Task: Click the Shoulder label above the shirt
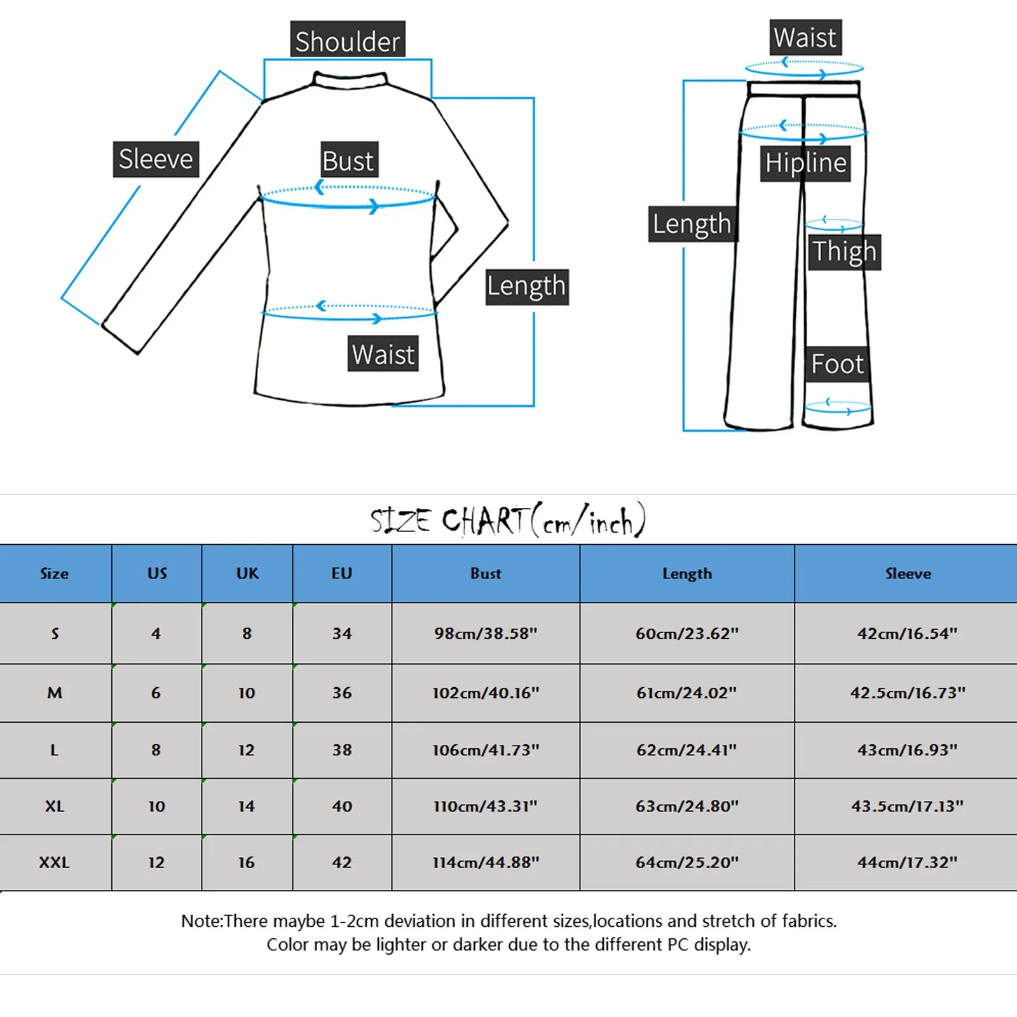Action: pyautogui.click(x=348, y=41)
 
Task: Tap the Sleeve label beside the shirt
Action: pyautogui.click(x=156, y=159)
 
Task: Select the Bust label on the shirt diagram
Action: pyautogui.click(x=348, y=160)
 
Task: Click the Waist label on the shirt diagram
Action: pyautogui.click(x=383, y=354)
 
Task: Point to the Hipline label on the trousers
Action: pyautogui.click(x=805, y=163)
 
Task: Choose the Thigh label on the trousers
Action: pyautogui.click(x=844, y=252)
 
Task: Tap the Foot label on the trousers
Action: pyautogui.click(x=836, y=364)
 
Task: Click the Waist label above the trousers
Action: pyautogui.click(x=805, y=38)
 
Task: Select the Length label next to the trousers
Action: pyautogui.click(x=692, y=224)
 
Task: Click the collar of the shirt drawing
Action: pyautogui.click(x=350, y=79)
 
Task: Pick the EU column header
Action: pyautogui.click(x=341, y=573)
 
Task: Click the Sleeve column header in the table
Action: pyautogui.click(x=908, y=573)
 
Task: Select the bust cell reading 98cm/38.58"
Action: pyautogui.click(x=486, y=633)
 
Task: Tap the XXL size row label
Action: pyautogui.click(x=54, y=863)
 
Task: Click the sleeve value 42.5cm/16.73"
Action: pyautogui.click(x=908, y=692)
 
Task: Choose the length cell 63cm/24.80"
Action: pyautogui.click(x=687, y=806)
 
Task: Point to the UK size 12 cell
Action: pyautogui.click(x=246, y=750)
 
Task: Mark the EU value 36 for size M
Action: pyautogui.click(x=341, y=692)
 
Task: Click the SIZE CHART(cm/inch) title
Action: pyautogui.click(x=508, y=521)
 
